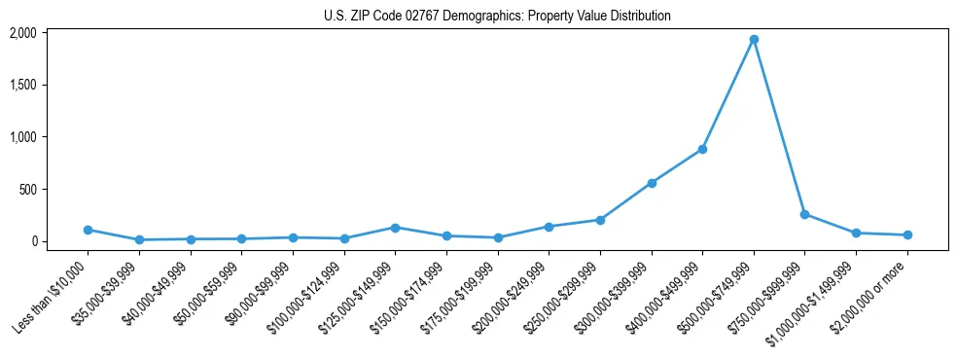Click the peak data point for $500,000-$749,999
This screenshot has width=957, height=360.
(x=754, y=40)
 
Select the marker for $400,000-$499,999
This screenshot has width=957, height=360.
(x=702, y=149)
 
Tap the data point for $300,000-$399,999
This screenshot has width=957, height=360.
(x=652, y=183)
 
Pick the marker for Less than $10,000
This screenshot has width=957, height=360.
(x=88, y=230)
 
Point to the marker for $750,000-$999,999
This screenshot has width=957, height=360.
(x=804, y=214)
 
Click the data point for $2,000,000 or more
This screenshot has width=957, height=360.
(x=907, y=234)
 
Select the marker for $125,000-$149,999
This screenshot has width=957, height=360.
(x=395, y=228)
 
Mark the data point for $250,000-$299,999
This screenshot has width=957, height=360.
(x=600, y=220)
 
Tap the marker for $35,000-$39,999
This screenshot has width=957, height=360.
(x=139, y=239)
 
